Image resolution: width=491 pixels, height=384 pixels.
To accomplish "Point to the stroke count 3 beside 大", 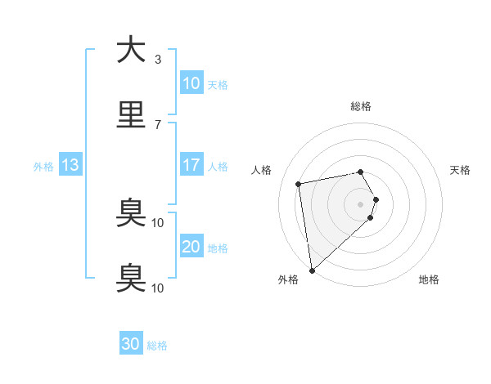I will tap(158, 60).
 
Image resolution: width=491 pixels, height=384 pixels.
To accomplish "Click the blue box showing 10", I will tap(191, 83).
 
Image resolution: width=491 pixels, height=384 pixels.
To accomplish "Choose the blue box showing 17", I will tap(191, 165).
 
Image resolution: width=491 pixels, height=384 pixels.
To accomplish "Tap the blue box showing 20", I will tap(191, 247).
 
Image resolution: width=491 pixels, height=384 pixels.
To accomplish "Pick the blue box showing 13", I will tap(70, 165).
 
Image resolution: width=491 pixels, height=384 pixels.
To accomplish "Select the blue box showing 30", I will tap(131, 344).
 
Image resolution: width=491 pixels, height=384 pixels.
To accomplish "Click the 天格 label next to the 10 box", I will tap(218, 85).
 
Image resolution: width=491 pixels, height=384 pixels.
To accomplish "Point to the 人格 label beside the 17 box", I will tap(218, 167).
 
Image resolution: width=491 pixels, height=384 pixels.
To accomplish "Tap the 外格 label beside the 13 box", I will tap(43, 167).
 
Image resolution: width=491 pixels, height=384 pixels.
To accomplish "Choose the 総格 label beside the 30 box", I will tap(157, 346).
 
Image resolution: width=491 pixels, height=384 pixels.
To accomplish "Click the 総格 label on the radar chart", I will tap(361, 106).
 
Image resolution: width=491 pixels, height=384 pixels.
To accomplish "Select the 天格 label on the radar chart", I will tap(461, 170).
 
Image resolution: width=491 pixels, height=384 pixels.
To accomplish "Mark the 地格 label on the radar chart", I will tap(429, 279).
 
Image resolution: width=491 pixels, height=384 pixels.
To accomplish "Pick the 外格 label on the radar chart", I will tap(288, 279).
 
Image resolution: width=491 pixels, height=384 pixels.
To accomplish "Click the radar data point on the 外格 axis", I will tap(312, 270).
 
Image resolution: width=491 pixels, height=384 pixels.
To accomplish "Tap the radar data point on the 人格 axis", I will tap(299, 183).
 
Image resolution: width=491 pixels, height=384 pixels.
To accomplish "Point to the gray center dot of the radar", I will tap(361, 203).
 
